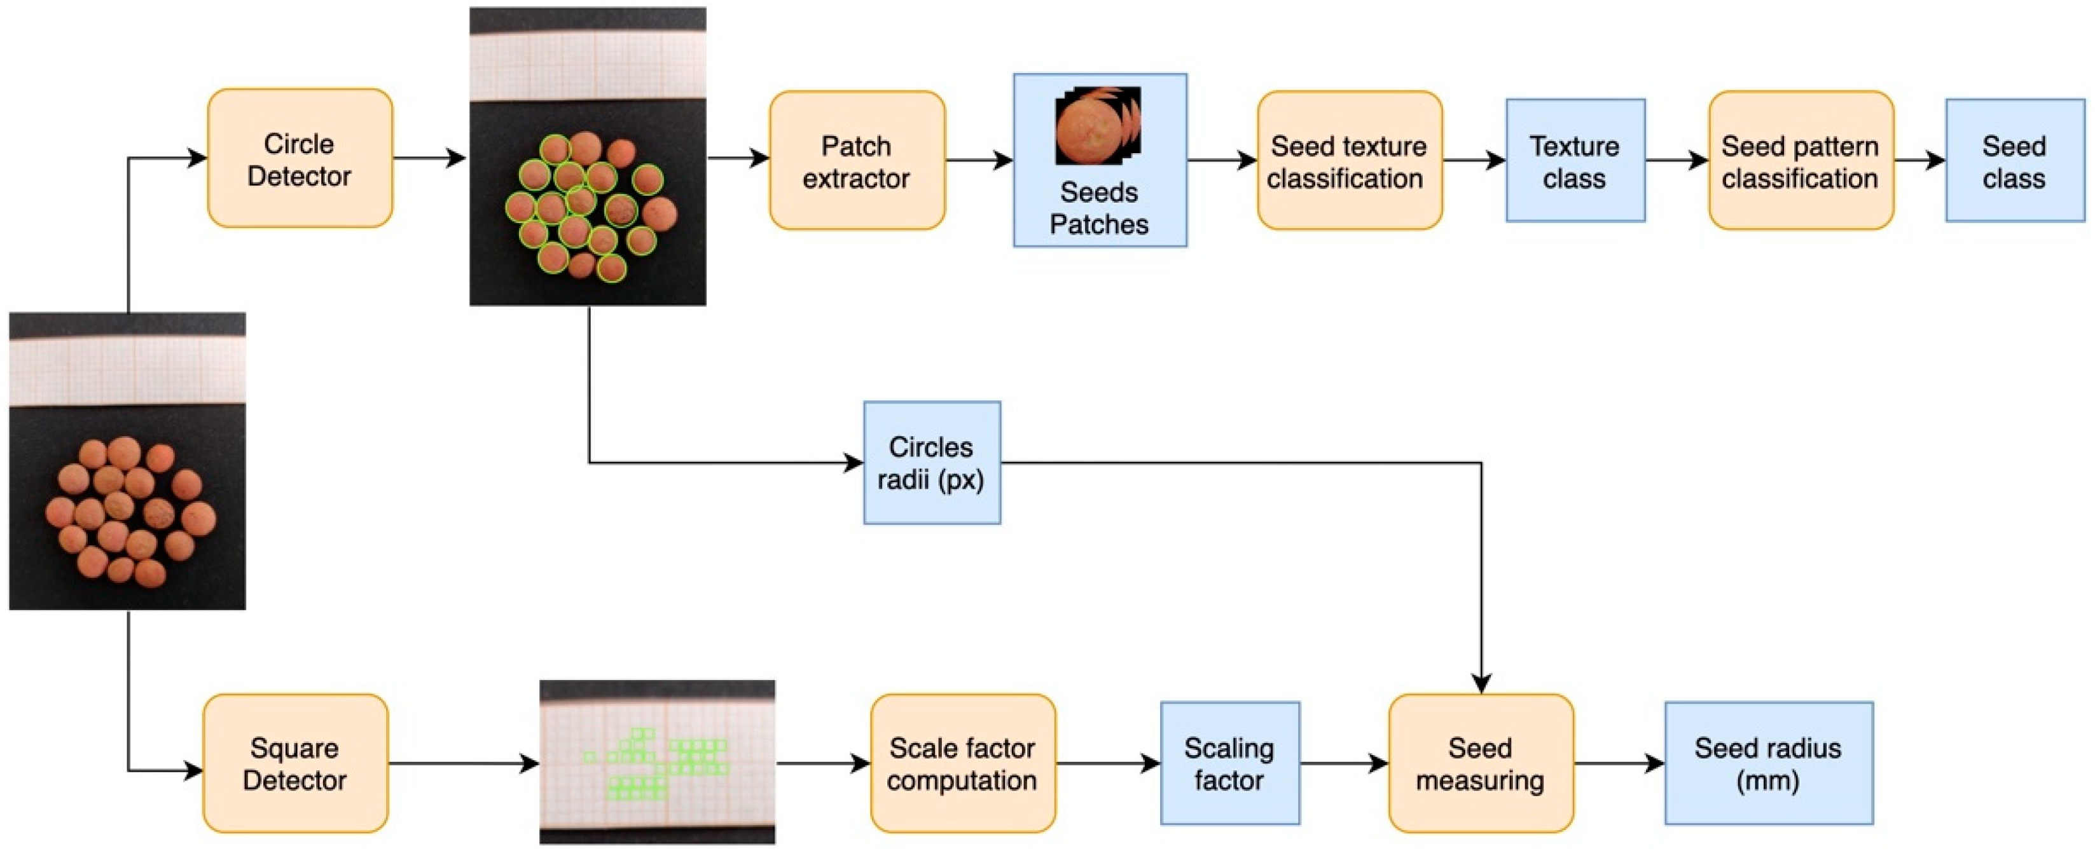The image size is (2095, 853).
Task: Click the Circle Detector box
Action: pyautogui.click(x=300, y=158)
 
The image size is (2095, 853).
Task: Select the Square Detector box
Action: pyautogui.click(x=295, y=763)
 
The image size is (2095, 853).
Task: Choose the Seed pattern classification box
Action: pyautogui.click(x=1801, y=160)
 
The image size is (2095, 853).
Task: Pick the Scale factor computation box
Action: pyautogui.click(x=963, y=763)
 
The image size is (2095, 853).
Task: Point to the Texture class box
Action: pyautogui.click(x=1575, y=160)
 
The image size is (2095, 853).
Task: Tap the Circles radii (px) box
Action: pyautogui.click(x=932, y=463)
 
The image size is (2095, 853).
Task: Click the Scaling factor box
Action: pyautogui.click(x=1229, y=763)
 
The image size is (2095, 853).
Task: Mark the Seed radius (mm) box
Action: pyautogui.click(x=1769, y=763)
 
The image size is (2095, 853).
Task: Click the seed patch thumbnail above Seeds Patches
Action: pyautogui.click(x=1098, y=126)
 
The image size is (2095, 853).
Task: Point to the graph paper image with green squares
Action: pyautogui.click(x=657, y=762)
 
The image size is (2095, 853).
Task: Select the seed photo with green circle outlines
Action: pyautogui.click(x=588, y=156)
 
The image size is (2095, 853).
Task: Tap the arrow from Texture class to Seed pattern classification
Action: pyautogui.click(x=1677, y=160)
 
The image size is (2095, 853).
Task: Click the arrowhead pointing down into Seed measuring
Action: pyautogui.click(x=1481, y=684)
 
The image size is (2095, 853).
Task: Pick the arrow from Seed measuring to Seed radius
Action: pyautogui.click(x=1619, y=763)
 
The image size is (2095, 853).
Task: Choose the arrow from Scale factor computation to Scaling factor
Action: pyautogui.click(x=1109, y=763)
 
